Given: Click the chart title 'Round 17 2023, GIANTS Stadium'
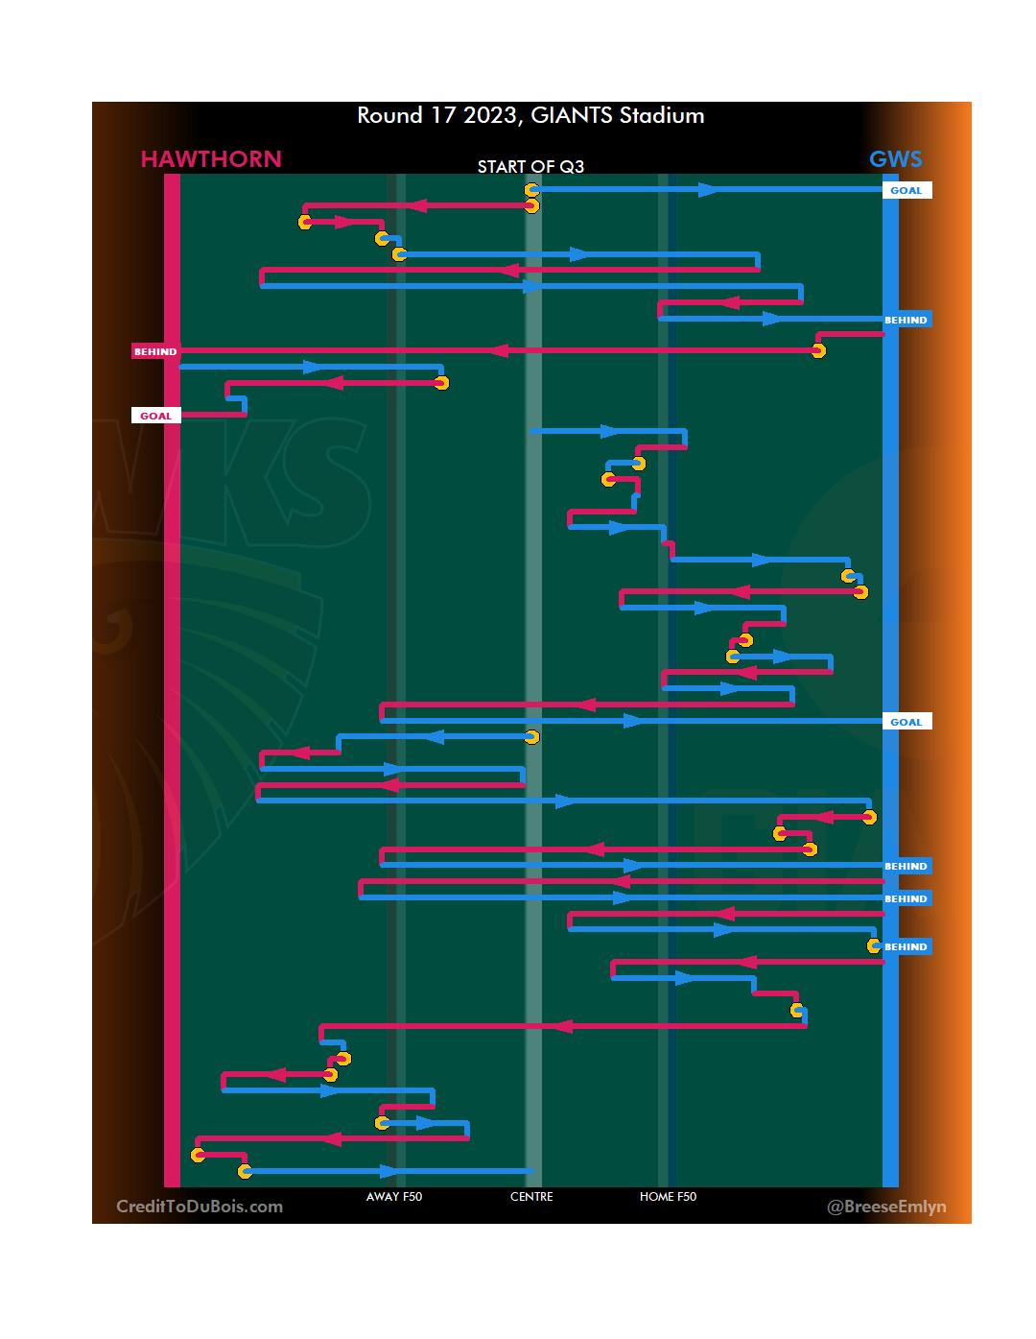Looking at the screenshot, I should coord(530,115).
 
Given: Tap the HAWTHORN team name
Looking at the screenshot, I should coord(211,159).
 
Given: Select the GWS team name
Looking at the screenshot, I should coord(895,159).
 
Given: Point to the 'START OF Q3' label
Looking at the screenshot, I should coord(530,167).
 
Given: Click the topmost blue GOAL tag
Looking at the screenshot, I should coord(906,190).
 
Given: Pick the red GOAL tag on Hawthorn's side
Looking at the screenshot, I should coord(155,416).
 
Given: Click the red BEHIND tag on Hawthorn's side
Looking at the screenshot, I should coord(155,351).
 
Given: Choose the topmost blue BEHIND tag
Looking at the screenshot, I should coord(906,320).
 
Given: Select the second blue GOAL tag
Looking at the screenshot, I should coord(906,722).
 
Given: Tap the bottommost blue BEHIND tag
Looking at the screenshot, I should coord(906,946).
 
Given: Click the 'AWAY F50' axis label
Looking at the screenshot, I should coord(393,1197).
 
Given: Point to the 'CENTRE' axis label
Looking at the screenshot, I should coord(531,1197).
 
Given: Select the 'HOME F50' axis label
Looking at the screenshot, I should coord(668,1197).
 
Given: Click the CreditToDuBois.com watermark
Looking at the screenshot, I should coord(200,1207).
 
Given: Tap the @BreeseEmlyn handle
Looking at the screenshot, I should coord(886,1207).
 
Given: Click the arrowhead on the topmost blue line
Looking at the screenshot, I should coord(708,190).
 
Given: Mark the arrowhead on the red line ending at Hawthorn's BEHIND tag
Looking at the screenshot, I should coord(498,350).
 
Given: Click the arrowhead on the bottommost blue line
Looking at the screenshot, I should coord(388,1171).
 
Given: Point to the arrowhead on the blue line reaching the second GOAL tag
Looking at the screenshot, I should coord(633,721).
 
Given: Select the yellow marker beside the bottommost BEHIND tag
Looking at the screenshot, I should coord(874,945).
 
